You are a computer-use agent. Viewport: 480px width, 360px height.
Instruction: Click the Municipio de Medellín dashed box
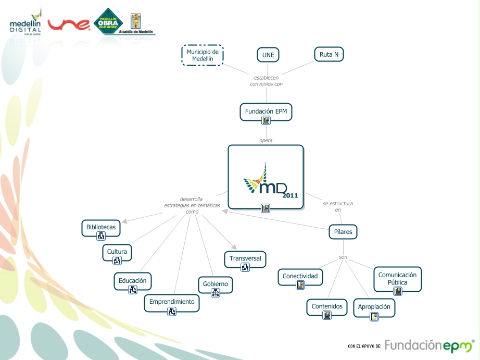tap(203, 55)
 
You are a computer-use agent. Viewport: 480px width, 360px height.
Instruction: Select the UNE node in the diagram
tap(268, 55)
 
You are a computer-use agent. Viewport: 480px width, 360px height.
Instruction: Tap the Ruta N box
tap(329, 54)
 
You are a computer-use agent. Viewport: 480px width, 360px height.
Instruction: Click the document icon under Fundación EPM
tap(266, 121)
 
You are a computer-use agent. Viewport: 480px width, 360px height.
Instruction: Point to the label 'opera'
tap(266, 140)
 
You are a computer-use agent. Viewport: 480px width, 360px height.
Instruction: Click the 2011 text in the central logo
tap(290, 195)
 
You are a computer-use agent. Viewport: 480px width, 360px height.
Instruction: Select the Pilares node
tap(343, 232)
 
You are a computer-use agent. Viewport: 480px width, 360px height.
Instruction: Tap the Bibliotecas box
tap(101, 227)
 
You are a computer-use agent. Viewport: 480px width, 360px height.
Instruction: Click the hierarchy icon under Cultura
tap(117, 261)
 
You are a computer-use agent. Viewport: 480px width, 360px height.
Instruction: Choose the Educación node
tap(133, 280)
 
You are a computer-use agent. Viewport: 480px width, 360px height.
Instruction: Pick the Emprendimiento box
tap(171, 302)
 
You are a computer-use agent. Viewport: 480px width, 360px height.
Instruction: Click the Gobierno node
tap(216, 284)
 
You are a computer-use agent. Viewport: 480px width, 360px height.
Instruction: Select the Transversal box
tap(245, 258)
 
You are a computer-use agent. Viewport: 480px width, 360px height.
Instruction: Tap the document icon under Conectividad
tap(300, 285)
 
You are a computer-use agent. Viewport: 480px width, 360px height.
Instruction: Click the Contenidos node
tap(327, 306)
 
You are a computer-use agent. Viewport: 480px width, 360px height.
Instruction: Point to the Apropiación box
tap(374, 307)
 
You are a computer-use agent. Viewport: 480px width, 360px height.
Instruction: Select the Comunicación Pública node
tap(397, 278)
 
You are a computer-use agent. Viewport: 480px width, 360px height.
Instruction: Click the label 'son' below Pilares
tap(343, 257)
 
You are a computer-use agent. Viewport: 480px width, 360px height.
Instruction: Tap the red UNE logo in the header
tap(69, 24)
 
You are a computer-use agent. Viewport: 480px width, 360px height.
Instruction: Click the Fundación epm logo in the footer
tap(429, 346)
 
